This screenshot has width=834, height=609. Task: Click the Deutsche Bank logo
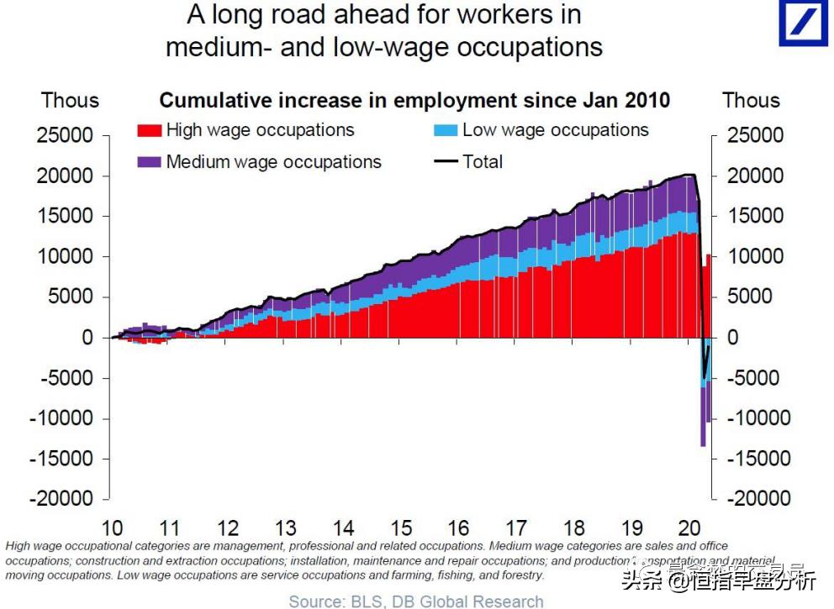803,23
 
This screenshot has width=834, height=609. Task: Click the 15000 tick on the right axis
751,216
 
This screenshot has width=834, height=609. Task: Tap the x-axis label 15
401,528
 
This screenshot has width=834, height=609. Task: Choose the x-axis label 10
112,528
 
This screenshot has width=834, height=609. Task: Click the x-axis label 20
689,528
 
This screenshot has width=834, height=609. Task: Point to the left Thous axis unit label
70,100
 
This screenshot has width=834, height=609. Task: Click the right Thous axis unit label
751,100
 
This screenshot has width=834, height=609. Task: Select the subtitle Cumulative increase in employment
414,101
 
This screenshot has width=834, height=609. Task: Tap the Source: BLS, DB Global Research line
416,601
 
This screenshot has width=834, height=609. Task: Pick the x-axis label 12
228,528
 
